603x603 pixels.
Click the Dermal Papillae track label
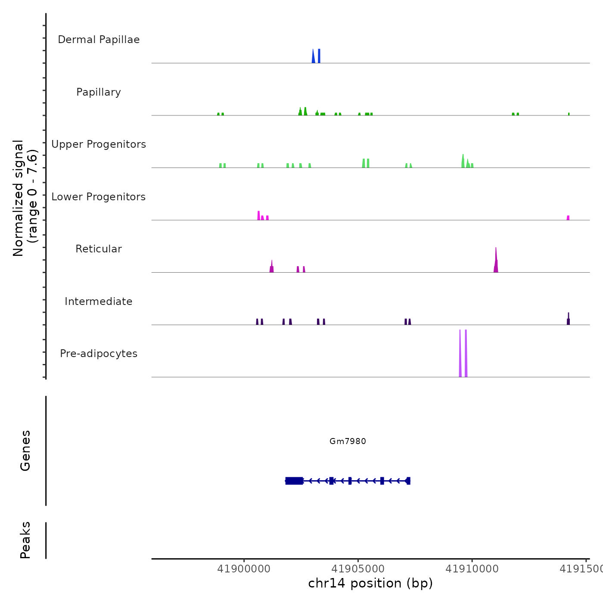pyautogui.click(x=99, y=40)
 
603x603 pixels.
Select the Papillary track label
pyautogui.click(x=99, y=92)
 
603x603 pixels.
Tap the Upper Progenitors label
pyautogui.click(x=99, y=144)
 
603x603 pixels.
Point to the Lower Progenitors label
pyautogui.click(x=99, y=197)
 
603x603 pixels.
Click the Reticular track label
pyautogui.click(x=99, y=249)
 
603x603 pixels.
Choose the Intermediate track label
pyautogui.click(x=99, y=301)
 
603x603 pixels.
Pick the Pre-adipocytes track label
pyautogui.click(x=99, y=354)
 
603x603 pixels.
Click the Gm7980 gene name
pyautogui.click(x=348, y=441)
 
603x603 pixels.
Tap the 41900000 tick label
pyautogui.click(x=244, y=569)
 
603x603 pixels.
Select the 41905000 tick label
pyautogui.click(x=358, y=569)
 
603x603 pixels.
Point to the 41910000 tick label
pyautogui.click(x=472, y=569)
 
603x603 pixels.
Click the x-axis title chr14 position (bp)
pyautogui.click(x=370, y=583)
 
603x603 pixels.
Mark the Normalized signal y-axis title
pyautogui.click(x=25, y=198)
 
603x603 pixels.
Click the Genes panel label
pyautogui.click(x=25, y=451)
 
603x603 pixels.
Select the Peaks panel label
pyautogui.click(x=25, y=540)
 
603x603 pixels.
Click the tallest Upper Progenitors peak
pyautogui.click(x=463, y=162)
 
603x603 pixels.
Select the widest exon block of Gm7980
pyautogui.click(x=294, y=481)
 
